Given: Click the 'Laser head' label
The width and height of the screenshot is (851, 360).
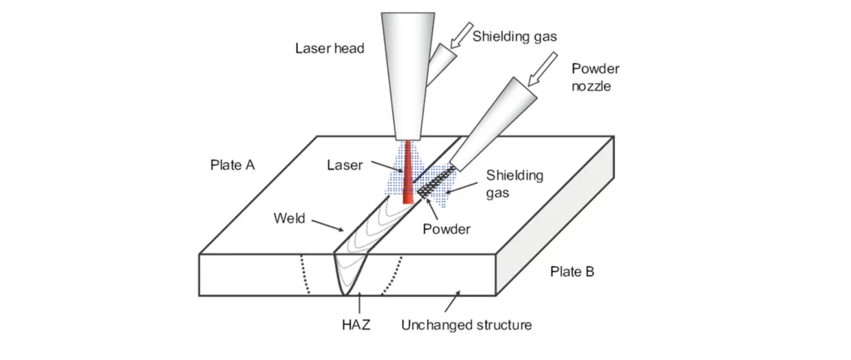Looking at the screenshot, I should pos(330,48).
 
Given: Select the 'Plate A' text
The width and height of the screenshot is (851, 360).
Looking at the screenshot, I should pos(232,165).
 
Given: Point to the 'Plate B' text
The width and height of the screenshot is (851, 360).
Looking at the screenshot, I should pos(572,272).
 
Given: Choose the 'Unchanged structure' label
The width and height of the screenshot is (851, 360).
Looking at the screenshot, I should pos(466,325).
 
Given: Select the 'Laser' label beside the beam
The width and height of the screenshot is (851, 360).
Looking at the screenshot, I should pos(345,165).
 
